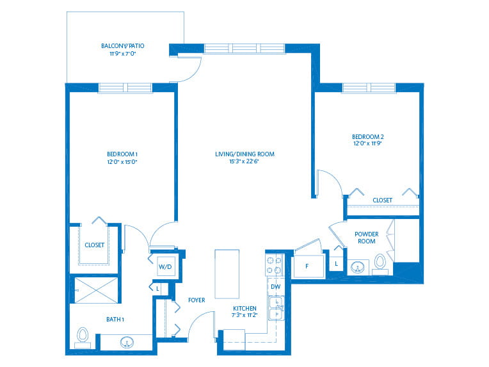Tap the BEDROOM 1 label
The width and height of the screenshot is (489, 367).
pos(122,154)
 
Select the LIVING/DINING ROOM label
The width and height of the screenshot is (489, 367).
pos(245,154)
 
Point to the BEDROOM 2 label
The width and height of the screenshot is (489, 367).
pos(368,136)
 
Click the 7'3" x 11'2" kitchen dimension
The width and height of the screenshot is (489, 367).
pos(245,315)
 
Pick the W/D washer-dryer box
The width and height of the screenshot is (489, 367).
pos(166,265)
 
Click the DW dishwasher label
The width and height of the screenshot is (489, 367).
pos(275,286)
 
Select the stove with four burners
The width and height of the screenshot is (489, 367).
pos(275,265)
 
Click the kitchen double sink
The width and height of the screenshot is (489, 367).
pos(275,307)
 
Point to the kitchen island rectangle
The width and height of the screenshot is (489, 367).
pos(227,273)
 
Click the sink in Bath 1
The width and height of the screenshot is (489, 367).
pos(128,342)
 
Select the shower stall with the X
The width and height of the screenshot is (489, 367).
pos(97,290)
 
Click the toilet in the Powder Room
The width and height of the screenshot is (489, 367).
pos(380,262)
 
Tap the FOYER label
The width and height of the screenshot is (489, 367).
pos(196,300)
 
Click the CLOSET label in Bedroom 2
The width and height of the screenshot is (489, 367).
pos(382,200)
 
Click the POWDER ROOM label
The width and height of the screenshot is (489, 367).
pos(367,238)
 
